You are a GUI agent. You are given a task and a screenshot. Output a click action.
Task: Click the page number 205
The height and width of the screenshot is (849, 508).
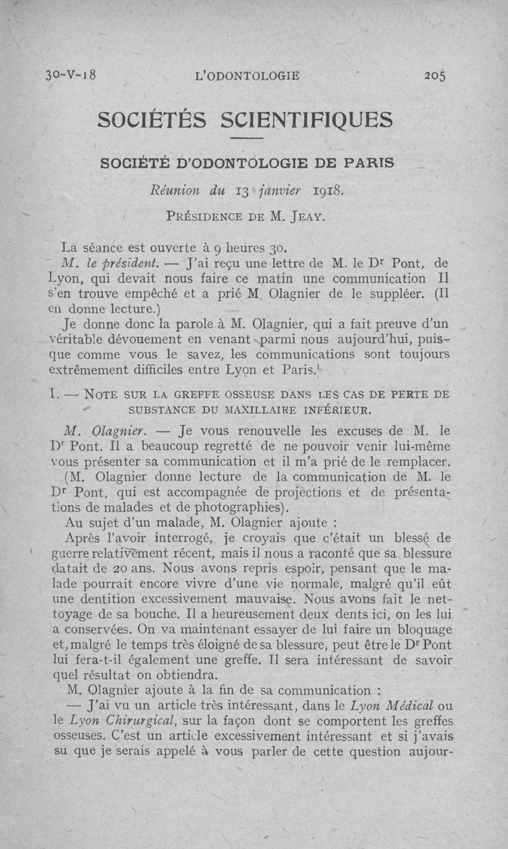pos(435,76)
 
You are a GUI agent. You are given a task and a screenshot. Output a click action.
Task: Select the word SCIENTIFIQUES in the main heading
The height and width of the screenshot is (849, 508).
pos(307,119)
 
